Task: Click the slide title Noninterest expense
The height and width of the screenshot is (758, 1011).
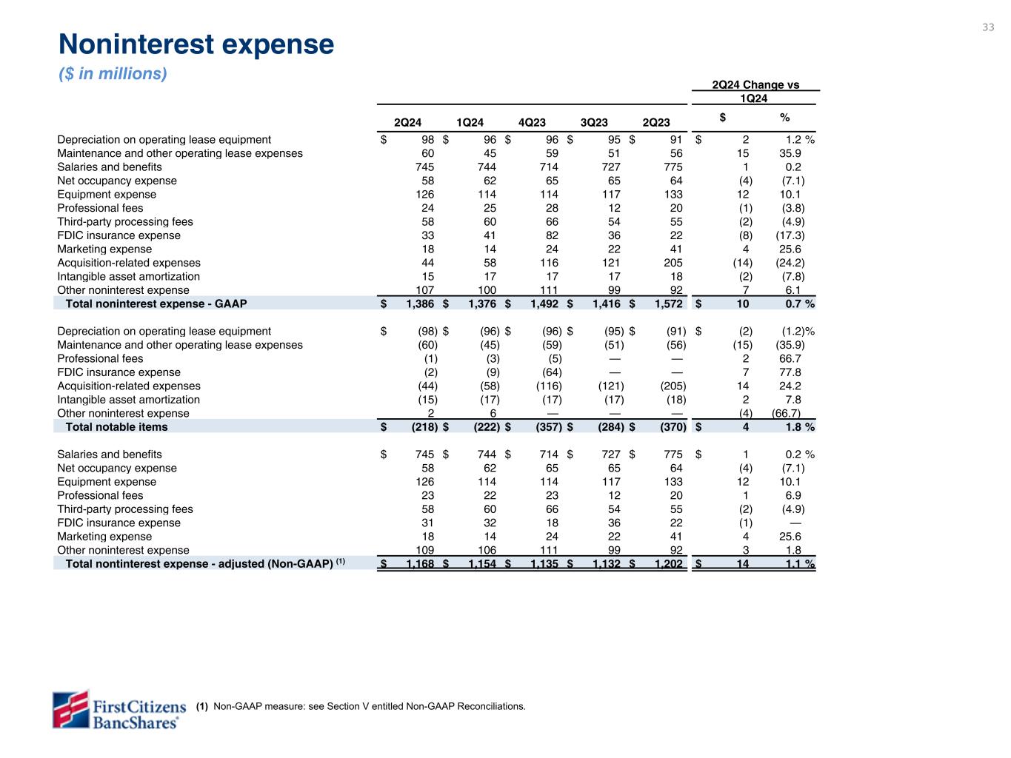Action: click(x=196, y=45)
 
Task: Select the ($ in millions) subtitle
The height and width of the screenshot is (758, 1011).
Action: click(x=113, y=74)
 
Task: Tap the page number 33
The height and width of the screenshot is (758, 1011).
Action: click(x=988, y=27)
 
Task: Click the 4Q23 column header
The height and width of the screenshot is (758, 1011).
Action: click(x=532, y=123)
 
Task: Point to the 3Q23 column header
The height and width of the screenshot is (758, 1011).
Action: click(x=594, y=123)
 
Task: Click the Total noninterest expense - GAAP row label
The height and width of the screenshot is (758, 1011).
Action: click(x=156, y=303)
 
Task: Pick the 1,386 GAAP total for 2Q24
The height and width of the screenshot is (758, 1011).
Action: click(x=419, y=303)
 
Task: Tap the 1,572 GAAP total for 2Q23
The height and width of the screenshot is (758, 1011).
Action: click(x=668, y=303)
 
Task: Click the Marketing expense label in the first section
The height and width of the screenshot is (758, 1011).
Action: click(x=104, y=249)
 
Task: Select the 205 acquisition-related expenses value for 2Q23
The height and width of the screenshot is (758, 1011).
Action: click(x=673, y=263)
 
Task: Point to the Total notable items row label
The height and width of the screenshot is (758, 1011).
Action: click(x=117, y=427)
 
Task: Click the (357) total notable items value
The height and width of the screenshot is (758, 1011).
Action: click(x=549, y=427)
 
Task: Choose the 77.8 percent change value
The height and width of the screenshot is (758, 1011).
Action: click(x=790, y=372)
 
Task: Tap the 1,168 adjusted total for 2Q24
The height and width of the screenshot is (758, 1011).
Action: click(x=419, y=564)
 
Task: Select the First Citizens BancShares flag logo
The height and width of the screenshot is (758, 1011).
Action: click(x=70, y=709)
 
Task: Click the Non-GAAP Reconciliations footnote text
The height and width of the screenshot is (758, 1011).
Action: click(x=369, y=706)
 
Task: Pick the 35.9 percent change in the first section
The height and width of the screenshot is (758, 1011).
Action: click(x=790, y=153)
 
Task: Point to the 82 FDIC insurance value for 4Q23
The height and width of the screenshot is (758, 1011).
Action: click(x=552, y=235)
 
